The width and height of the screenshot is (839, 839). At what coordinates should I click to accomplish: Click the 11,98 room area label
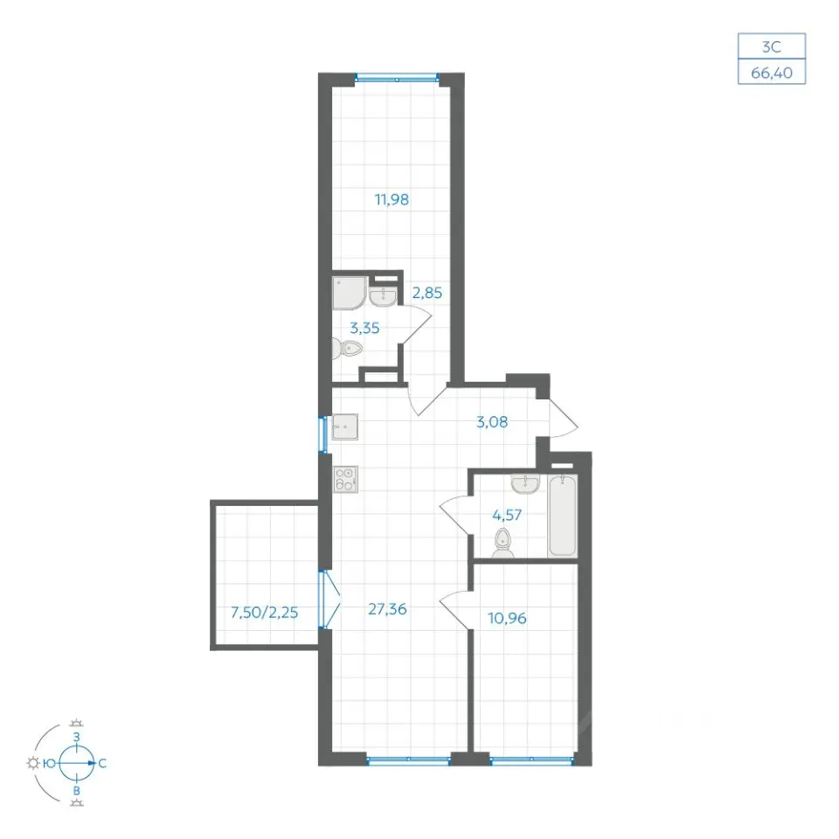click(392, 200)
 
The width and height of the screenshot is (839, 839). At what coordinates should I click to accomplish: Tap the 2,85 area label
click(427, 294)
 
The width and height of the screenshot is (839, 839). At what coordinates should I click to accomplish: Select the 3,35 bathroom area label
click(364, 328)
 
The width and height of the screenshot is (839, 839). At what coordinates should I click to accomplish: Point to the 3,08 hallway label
click(492, 422)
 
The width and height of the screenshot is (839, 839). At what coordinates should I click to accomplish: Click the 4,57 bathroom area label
click(507, 516)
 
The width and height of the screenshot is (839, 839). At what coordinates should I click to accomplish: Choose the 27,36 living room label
click(387, 609)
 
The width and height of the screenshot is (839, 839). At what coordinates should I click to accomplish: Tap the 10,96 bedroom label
click(507, 619)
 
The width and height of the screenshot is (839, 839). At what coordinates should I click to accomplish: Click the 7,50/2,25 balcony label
click(264, 612)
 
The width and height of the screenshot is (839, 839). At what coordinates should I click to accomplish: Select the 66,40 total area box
click(772, 72)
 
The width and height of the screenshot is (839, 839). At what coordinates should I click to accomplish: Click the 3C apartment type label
click(772, 46)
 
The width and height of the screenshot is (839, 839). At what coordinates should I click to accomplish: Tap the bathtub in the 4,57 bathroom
click(562, 516)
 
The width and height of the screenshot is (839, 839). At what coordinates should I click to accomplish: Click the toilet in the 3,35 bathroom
click(347, 349)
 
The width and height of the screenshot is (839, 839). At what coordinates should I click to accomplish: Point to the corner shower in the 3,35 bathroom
click(350, 293)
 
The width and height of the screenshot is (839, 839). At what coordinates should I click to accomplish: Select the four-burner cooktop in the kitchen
click(345, 480)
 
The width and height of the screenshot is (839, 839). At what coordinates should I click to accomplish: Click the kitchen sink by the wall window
click(345, 426)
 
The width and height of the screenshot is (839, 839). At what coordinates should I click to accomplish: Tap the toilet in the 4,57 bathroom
click(503, 543)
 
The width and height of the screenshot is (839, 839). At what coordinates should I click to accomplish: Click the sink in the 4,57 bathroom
click(526, 483)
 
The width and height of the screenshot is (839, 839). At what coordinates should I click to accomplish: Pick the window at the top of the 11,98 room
click(397, 79)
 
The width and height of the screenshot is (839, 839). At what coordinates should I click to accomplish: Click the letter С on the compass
click(103, 764)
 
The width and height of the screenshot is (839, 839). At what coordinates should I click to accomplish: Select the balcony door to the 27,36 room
click(323, 600)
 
